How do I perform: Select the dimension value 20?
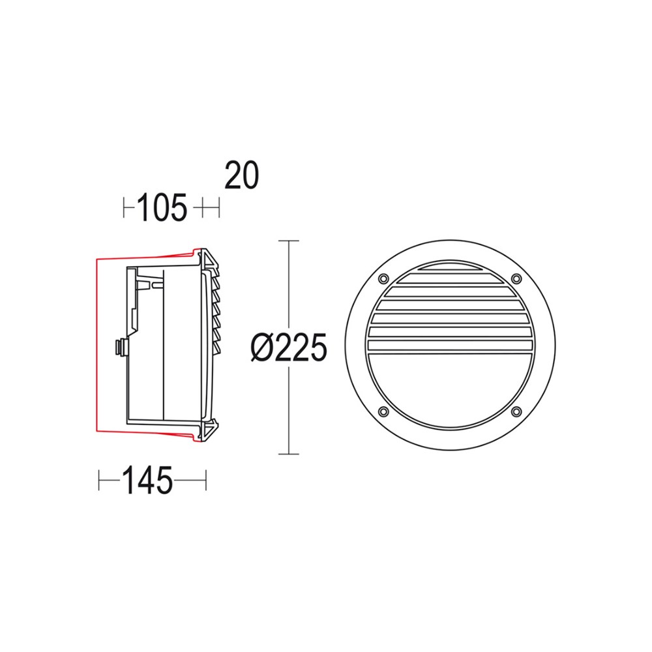coord(242,175)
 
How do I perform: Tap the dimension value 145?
coord(147,482)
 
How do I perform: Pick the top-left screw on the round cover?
coord(382,278)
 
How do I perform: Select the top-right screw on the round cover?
coord(516,278)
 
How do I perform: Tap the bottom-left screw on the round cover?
coord(382,411)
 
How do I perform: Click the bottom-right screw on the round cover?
coord(516,411)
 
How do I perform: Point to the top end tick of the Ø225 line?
coord(288,241)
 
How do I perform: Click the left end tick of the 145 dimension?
coord(99,482)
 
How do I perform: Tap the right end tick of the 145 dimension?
coord(205,482)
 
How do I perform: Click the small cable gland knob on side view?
coord(119,348)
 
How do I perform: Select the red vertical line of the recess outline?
coord(96,346)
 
